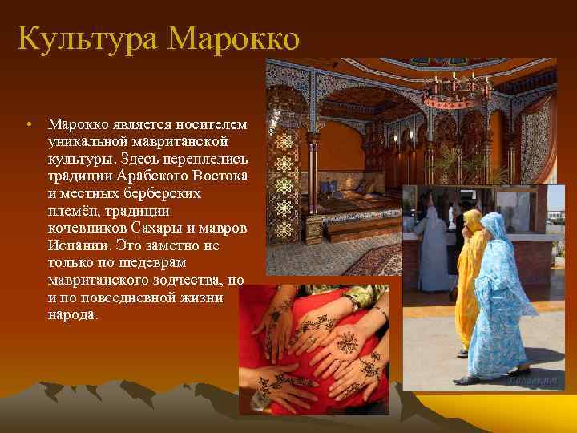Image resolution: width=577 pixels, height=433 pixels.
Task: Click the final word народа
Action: tap(73, 315)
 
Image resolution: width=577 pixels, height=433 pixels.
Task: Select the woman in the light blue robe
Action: tap(505, 297)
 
